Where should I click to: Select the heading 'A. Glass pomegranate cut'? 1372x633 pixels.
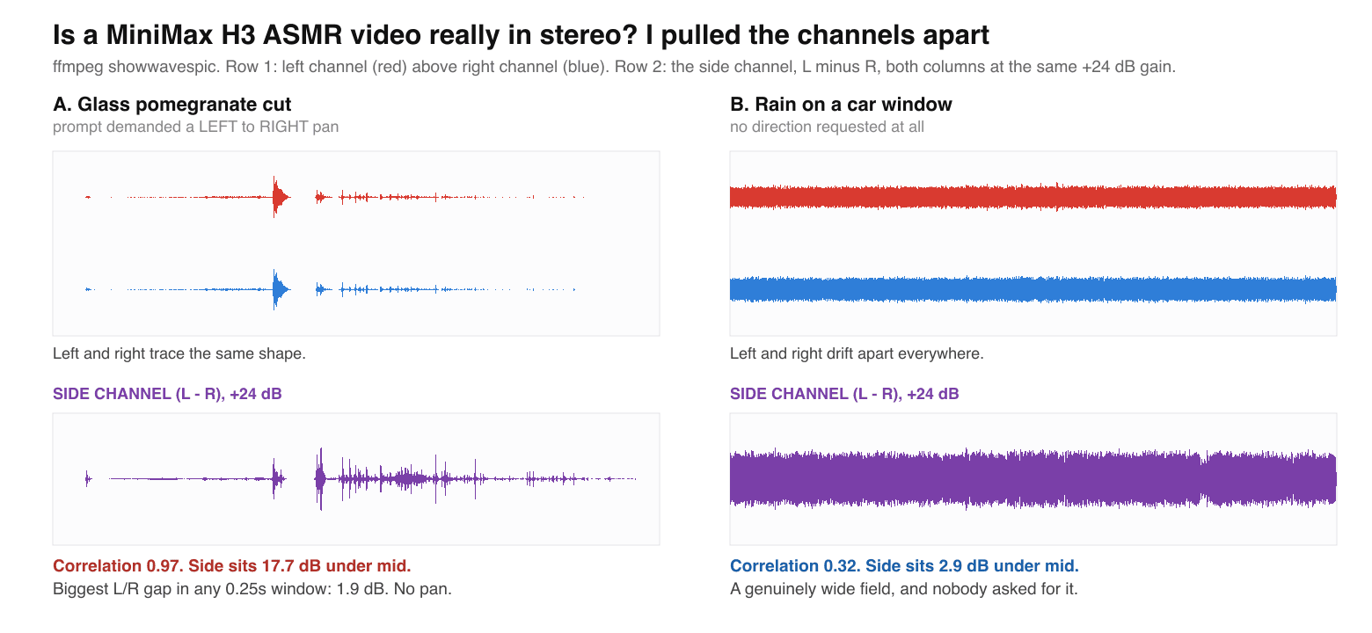click(x=172, y=105)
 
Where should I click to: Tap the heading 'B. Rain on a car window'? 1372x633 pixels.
click(x=841, y=105)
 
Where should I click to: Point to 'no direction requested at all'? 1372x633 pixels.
click(x=827, y=127)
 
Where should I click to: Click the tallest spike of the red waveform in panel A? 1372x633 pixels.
click(x=274, y=197)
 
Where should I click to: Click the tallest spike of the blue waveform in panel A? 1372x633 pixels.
click(x=274, y=289)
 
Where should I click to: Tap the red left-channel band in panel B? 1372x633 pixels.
click(x=1033, y=197)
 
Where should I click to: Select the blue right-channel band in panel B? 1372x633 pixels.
click(x=1033, y=289)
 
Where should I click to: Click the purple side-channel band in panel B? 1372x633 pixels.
click(x=1033, y=479)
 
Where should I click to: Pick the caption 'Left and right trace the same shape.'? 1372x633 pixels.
click(x=179, y=353)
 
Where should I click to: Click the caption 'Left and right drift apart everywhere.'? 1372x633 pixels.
click(x=857, y=353)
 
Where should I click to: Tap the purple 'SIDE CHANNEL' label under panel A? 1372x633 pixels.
click(x=167, y=394)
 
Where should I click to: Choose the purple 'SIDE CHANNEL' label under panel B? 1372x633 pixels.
click(x=844, y=394)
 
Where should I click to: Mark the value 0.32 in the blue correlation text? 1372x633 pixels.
click(x=842, y=565)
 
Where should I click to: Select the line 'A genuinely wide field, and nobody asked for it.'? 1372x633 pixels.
click(x=903, y=589)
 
